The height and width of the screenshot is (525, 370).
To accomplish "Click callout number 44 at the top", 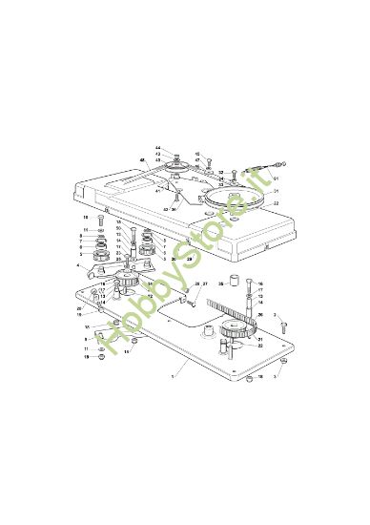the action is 157,147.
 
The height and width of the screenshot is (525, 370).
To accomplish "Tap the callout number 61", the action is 276,178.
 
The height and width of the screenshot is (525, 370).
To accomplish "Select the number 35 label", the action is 218,283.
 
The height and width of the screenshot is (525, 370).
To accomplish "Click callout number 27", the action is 205,284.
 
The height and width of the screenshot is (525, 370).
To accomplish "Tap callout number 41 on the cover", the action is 157,191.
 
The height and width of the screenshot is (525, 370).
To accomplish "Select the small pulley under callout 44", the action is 176,169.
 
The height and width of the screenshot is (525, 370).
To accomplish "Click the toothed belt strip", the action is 229,308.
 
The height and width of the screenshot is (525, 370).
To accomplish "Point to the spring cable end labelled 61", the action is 258,172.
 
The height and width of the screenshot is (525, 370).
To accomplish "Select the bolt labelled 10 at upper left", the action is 100,221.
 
